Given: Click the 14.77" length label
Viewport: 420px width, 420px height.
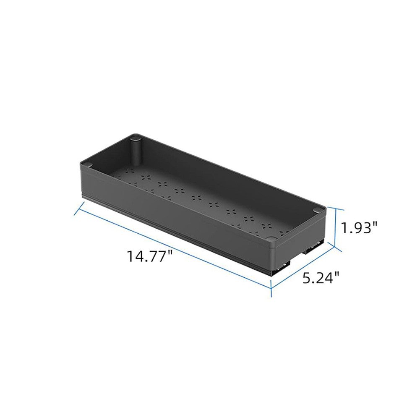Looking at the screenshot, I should [x=150, y=256].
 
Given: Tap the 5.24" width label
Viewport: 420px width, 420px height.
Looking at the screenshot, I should [x=321, y=277].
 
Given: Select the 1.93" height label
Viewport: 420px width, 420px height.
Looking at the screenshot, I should [x=359, y=228].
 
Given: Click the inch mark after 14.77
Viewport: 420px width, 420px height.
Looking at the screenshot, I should [x=170, y=253].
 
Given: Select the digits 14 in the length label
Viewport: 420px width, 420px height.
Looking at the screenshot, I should [x=135, y=256].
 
